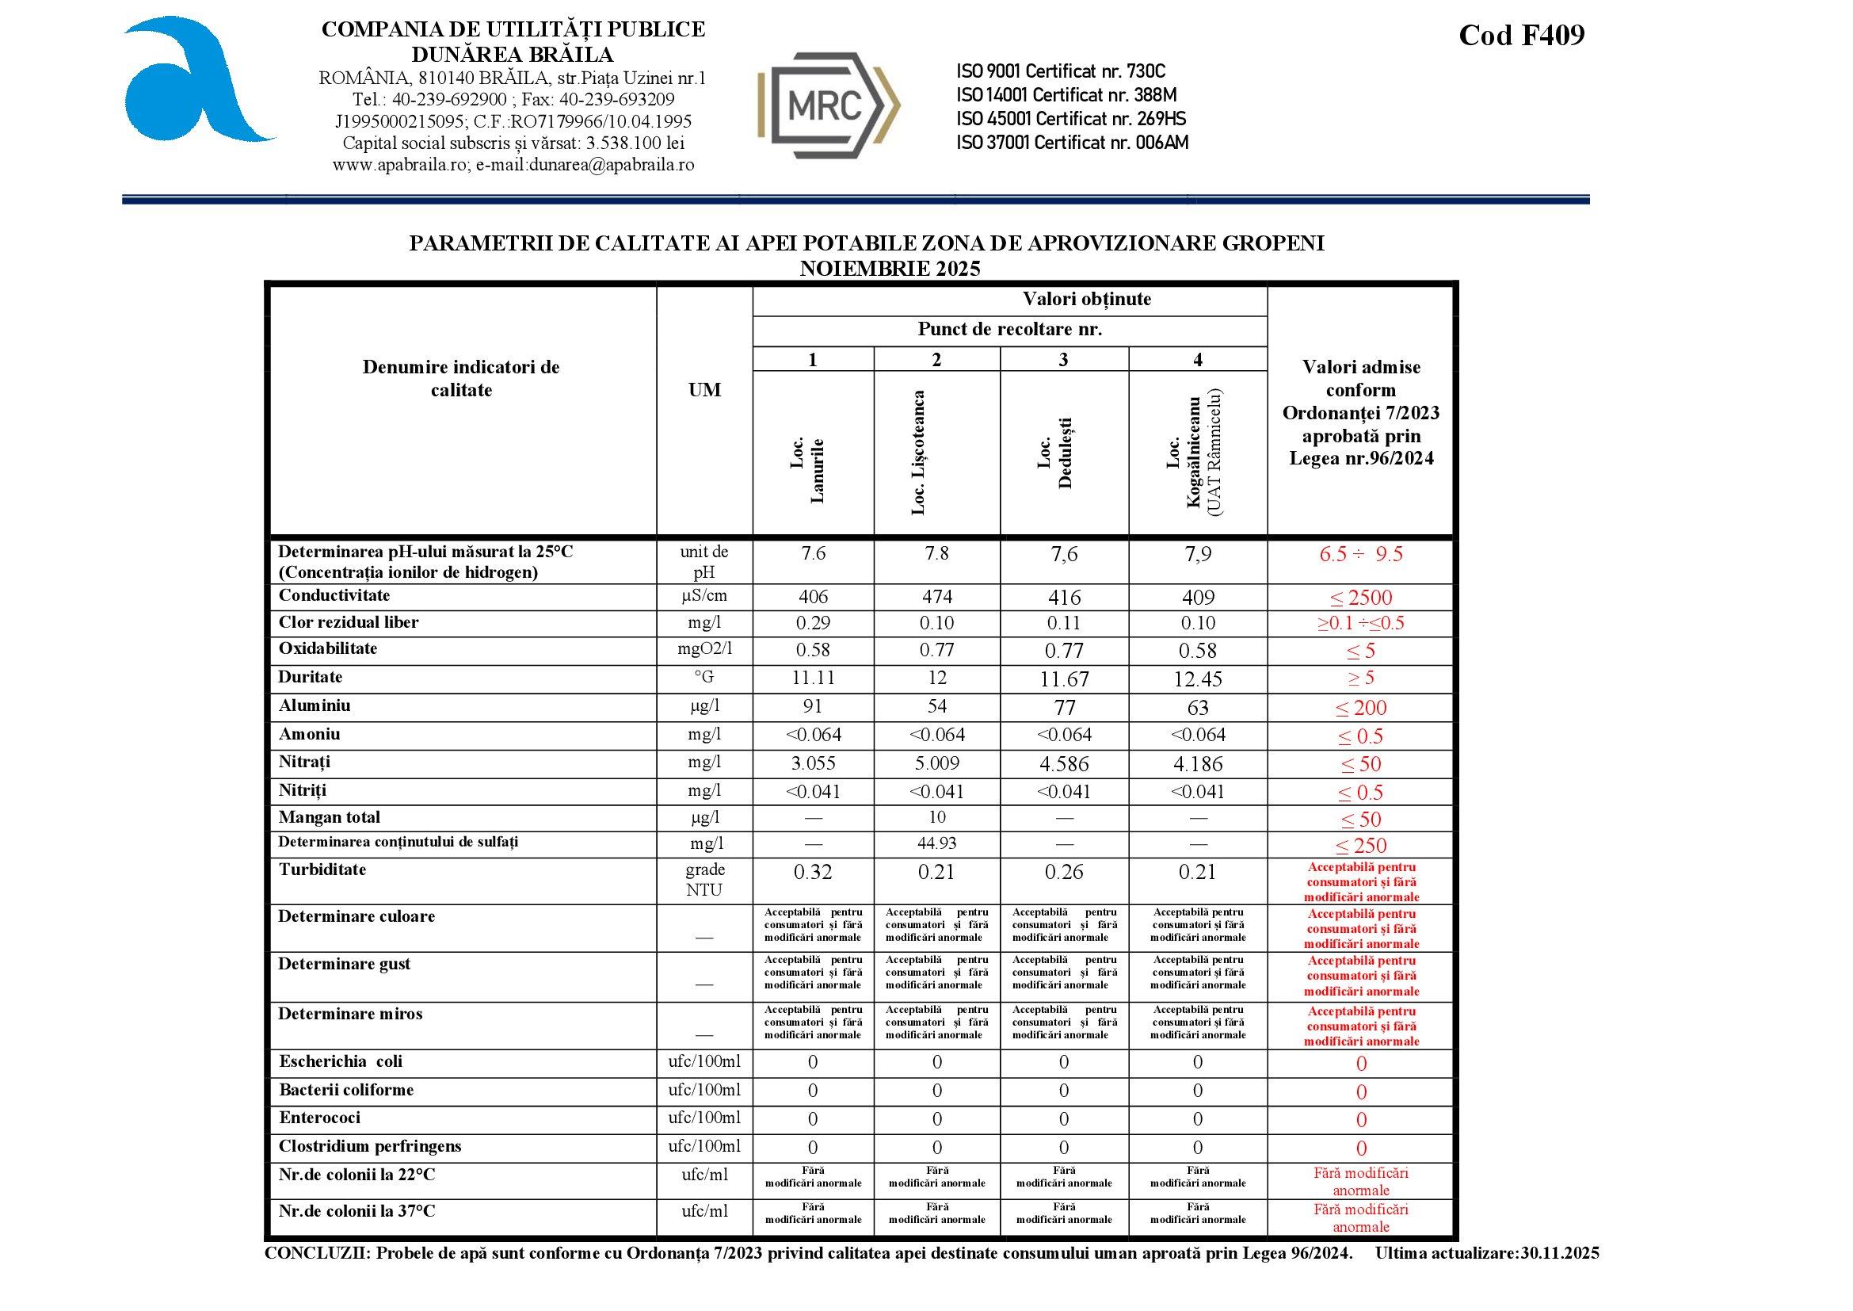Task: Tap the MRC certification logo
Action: [x=828, y=105]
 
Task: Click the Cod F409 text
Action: [x=1521, y=36]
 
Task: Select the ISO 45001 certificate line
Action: [x=1071, y=119]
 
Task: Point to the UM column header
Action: [x=704, y=390]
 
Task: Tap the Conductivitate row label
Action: [x=334, y=596]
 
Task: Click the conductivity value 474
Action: [x=936, y=597]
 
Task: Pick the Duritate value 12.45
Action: [x=1198, y=679]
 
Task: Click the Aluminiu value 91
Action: [x=813, y=706]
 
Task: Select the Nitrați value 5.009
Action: [x=936, y=762]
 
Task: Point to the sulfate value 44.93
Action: [x=936, y=843]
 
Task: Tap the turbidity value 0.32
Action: [x=813, y=872]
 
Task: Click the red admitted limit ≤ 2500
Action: [x=1361, y=598]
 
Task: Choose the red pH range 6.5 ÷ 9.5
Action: [x=1361, y=554]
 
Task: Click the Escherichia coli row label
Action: [x=341, y=1061]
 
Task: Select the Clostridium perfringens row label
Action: [x=371, y=1146]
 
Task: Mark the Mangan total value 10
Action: [x=936, y=817]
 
